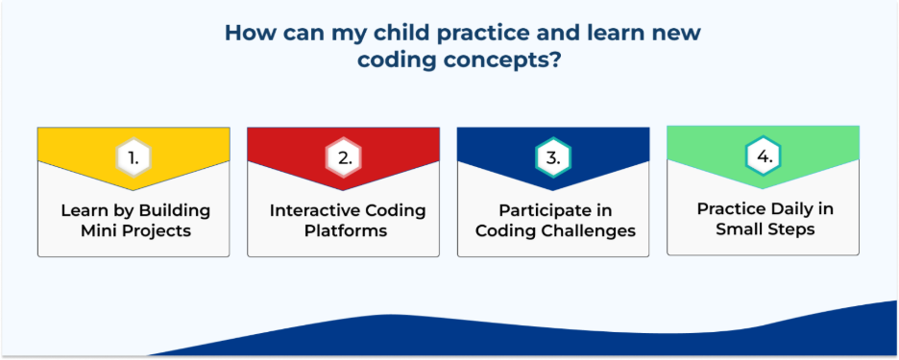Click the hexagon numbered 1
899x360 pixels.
point(134,157)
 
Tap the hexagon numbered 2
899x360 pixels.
point(344,157)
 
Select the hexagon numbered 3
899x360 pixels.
point(553,157)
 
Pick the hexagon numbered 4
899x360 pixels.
point(764,156)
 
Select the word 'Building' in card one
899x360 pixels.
point(174,211)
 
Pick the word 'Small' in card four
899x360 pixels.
point(738,229)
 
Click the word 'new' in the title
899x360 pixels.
point(681,34)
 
